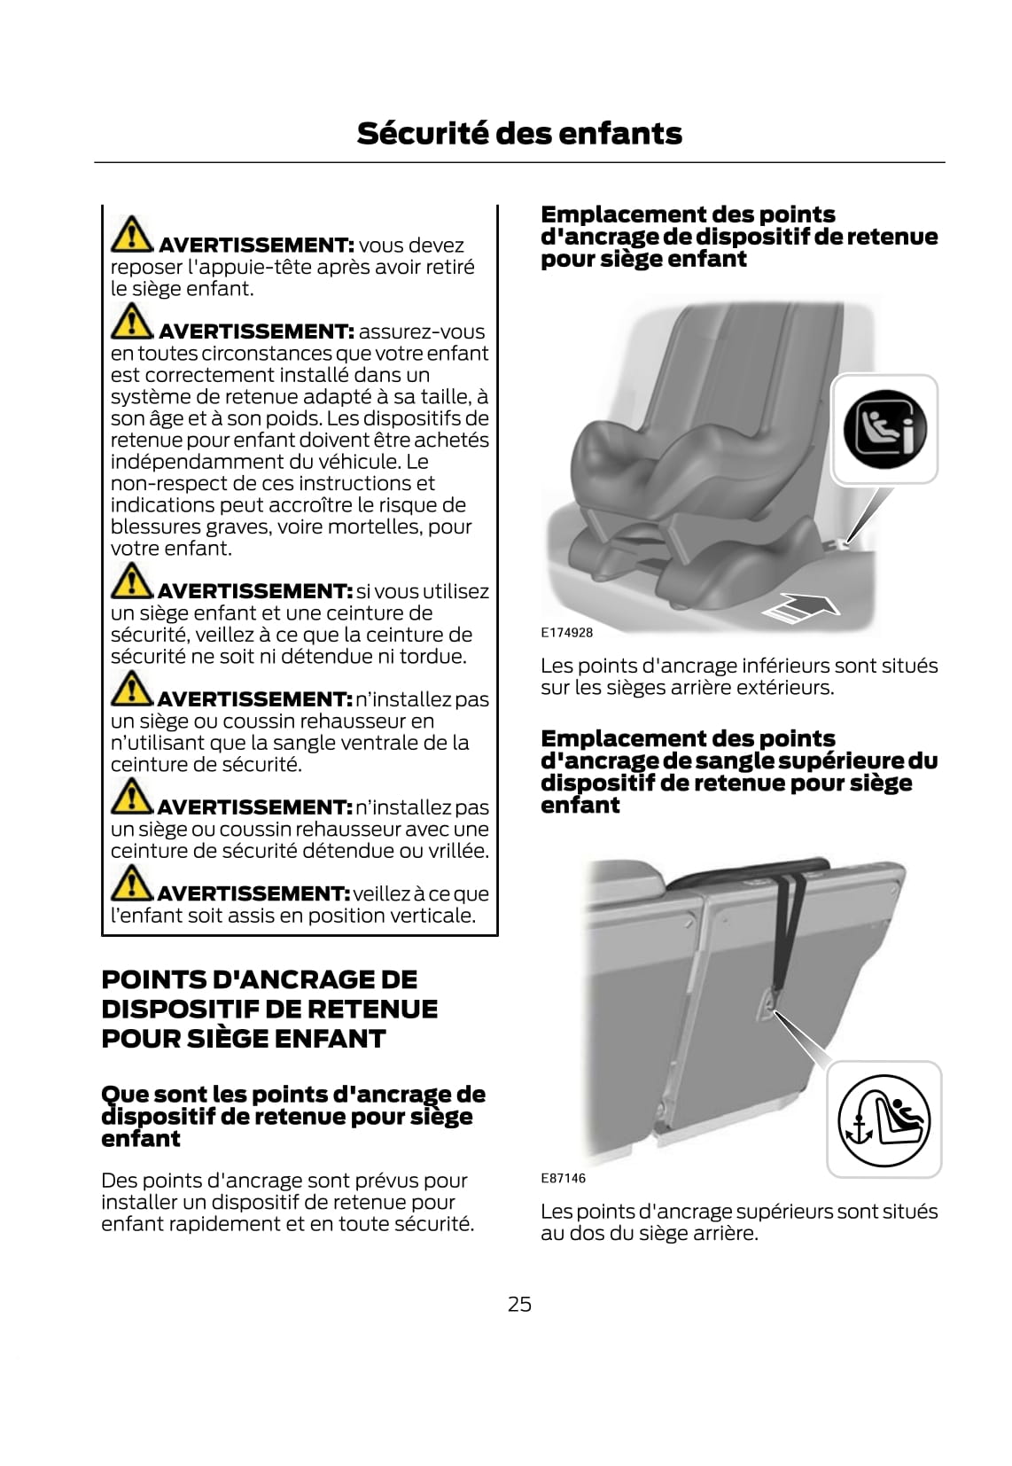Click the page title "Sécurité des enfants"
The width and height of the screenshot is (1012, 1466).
pos(519,134)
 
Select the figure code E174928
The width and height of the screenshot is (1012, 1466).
pos(566,632)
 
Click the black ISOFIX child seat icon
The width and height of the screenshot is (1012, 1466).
pos(884,429)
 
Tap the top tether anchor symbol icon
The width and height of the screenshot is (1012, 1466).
pos(884,1119)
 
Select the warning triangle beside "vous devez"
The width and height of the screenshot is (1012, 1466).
pos(131,234)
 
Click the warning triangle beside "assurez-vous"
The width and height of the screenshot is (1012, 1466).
pos(131,322)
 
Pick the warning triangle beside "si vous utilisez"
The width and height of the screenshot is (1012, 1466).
pos(131,581)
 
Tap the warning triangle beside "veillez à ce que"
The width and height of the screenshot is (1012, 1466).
pos(131,883)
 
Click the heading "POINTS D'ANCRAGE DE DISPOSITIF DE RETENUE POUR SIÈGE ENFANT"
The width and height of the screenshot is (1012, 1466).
pos(269,1010)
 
